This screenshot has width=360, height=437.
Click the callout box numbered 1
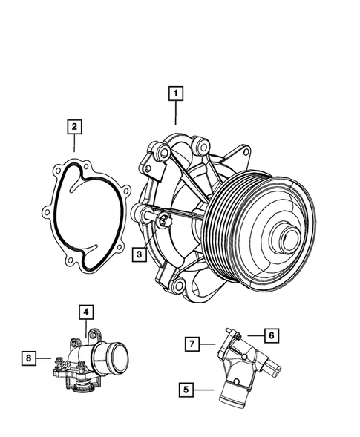(x=175, y=94)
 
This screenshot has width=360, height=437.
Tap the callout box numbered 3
(x=139, y=254)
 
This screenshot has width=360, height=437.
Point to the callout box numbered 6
(x=272, y=336)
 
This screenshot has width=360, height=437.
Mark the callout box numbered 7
(x=192, y=344)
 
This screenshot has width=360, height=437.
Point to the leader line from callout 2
(x=74, y=145)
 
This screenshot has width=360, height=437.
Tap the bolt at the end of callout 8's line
(x=56, y=361)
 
